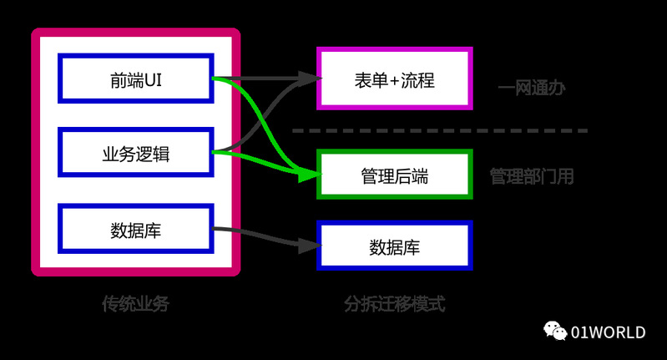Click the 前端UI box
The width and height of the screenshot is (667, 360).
tap(136, 79)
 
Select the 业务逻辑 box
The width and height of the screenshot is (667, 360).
tap(136, 154)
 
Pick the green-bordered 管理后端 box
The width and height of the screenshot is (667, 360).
tap(395, 175)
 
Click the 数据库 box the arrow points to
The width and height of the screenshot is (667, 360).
tap(395, 246)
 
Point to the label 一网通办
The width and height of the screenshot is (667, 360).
tap(531, 87)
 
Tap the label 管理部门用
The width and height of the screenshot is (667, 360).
tap(531, 176)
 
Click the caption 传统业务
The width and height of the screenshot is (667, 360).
tap(135, 304)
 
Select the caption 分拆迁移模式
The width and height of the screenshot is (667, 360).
tap(395, 304)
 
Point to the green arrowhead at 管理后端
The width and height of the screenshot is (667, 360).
tap(311, 175)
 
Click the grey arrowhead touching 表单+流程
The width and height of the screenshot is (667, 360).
tap(313, 79)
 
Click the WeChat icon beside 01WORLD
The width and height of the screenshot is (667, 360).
tap(555, 332)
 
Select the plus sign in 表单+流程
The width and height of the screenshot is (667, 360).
tap(395, 81)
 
